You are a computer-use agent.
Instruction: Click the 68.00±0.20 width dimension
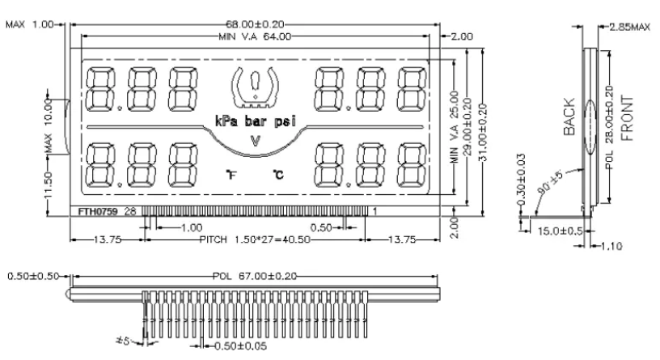tap(255, 24)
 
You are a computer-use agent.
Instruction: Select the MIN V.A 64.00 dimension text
tap(255, 36)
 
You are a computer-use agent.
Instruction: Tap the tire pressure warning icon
tap(255, 87)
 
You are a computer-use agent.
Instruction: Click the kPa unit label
tap(226, 121)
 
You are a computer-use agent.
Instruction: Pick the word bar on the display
tap(256, 121)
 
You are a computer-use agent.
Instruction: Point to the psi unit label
tap(285, 121)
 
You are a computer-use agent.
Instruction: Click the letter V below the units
tap(255, 141)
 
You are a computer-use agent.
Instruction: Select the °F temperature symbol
tap(231, 174)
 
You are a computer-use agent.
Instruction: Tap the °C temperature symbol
tap(278, 174)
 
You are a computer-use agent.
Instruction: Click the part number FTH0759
tap(98, 211)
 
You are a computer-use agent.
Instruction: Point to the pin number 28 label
tap(130, 211)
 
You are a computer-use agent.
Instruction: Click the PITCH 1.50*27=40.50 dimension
tap(255, 239)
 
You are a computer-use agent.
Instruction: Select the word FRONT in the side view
tap(627, 118)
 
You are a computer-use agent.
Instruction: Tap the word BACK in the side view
tap(569, 116)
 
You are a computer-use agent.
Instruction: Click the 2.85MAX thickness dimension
tap(630, 28)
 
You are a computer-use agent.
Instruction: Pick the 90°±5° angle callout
tap(550, 182)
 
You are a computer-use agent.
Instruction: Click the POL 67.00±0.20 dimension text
tap(254, 276)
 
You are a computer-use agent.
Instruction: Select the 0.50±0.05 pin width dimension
tap(240, 346)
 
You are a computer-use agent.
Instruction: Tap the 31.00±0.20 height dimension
tap(483, 133)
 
